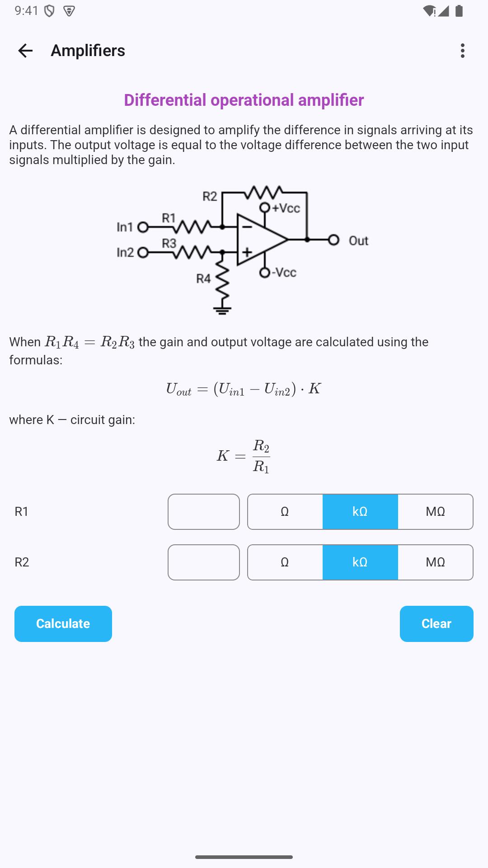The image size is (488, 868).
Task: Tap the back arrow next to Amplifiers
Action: (x=25, y=51)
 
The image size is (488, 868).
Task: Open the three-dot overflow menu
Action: (x=462, y=51)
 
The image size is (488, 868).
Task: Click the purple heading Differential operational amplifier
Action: (x=244, y=100)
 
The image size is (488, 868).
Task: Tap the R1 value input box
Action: (x=204, y=512)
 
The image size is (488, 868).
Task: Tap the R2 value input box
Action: (x=204, y=562)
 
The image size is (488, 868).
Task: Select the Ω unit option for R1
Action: (x=285, y=512)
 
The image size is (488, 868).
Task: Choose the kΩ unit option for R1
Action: (x=360, y=512)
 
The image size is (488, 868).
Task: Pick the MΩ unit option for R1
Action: (x=436, y=512)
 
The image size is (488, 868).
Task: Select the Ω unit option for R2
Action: (x=285, y=562)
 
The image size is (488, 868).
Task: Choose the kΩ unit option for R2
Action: (x=360, y=562)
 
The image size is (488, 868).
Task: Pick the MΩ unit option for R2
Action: (x=436, y=562)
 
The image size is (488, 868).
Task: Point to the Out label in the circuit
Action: (x=358, y=241)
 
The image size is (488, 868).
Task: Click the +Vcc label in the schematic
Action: (x=286, y=208)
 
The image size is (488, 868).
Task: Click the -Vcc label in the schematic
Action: (x=284, y=272)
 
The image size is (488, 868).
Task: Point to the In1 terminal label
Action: (x=125, y=227)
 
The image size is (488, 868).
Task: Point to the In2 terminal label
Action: (x=125, y=252)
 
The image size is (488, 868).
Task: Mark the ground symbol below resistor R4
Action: (x=222, y=310)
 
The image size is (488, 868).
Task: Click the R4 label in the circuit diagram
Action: (x=203, y=279)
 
